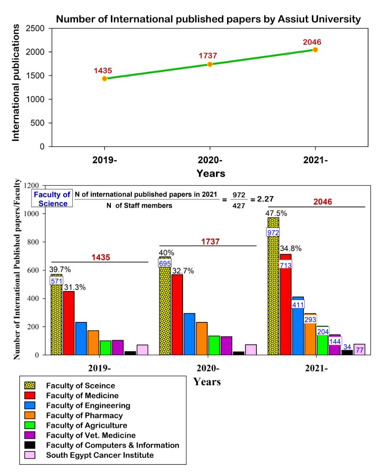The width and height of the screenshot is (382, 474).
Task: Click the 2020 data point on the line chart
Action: [210, 64]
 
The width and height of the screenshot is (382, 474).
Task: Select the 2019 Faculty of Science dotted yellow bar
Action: [56, 317]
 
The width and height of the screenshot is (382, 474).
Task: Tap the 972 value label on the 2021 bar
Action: [273, 232]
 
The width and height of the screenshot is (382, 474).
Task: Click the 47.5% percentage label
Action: [277, 214]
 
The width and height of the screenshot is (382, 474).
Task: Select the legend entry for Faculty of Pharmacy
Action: [84, 415]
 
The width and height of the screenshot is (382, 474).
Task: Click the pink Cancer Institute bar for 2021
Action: [359, 350]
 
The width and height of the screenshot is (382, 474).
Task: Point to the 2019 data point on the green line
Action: [105, 78]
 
